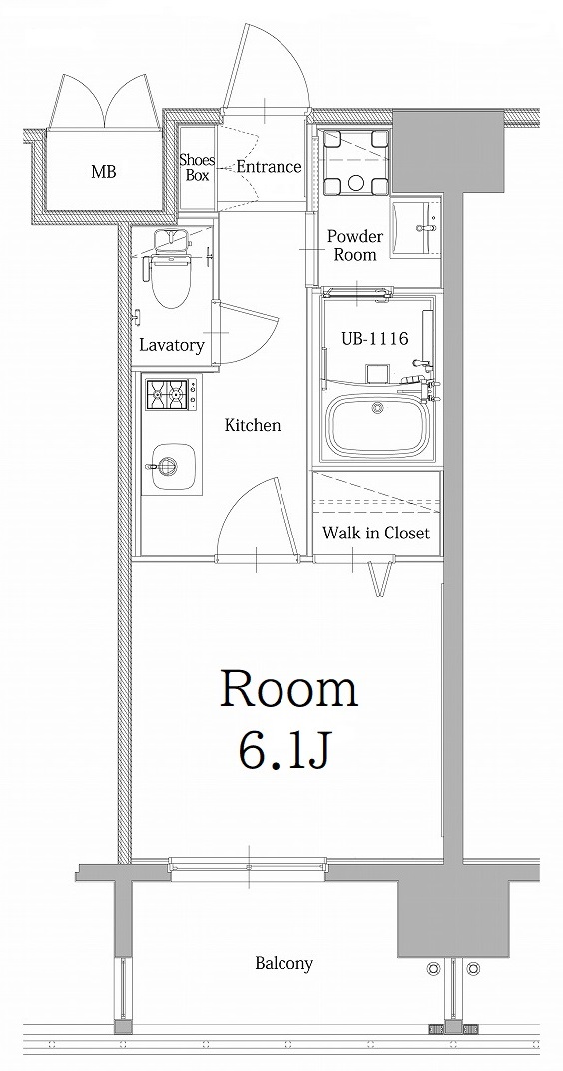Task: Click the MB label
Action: (104, 172)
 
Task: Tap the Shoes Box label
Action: (196, 167)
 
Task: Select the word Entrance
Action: (269, 167)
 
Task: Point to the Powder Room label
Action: (355, 246)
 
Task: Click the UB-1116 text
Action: (376, 339)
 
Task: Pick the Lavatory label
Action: (172, 346)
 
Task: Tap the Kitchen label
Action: (252, 426)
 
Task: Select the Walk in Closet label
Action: (376, 534)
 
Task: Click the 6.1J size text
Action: (285, 749)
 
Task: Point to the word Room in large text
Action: (288, 690)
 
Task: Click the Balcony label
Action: (283, 964)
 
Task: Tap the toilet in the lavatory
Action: (172, 281)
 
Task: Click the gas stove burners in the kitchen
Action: (170, 394)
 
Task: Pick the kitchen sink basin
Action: (165, 465)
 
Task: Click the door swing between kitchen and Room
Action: (255, 515)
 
